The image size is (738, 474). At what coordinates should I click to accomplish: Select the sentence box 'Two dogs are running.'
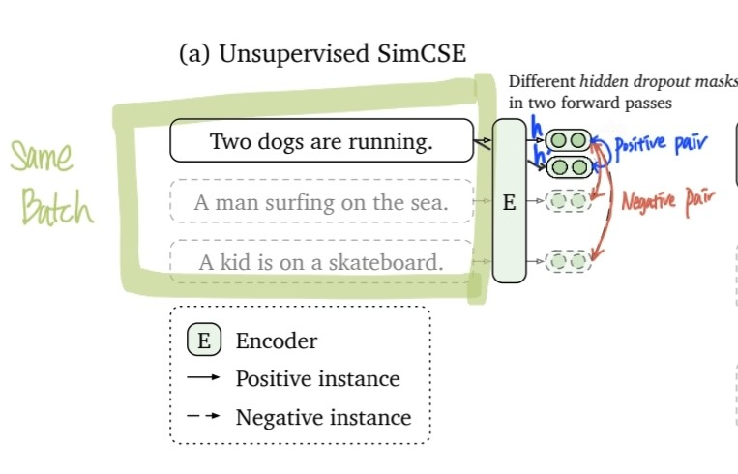point(321,141)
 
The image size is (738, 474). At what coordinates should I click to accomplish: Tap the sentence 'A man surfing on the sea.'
point(321,203)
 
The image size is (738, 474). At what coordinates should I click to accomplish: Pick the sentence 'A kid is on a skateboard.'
point(321,261)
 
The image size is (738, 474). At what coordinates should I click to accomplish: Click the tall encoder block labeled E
point(509,202)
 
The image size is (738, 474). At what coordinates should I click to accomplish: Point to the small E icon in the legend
point(204,341)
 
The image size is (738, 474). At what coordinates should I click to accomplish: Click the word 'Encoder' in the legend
point(277,341)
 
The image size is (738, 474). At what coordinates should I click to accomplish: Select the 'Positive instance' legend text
point(317,378)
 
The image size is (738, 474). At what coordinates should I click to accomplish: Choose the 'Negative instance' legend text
point(323,417)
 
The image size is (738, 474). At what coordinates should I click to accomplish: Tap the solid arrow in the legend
point(204,378)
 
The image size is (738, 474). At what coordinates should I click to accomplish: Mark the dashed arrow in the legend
point(204,417)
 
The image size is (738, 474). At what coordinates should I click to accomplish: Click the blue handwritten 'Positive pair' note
point(654,145)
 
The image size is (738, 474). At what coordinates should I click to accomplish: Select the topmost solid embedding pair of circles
point(568,140)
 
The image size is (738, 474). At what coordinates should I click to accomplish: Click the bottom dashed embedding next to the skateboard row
point(568,260)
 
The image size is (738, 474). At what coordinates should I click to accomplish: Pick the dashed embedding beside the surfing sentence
point(568,201)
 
